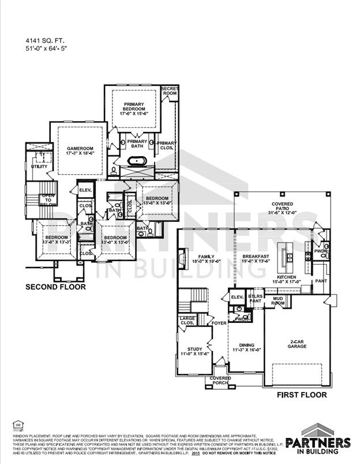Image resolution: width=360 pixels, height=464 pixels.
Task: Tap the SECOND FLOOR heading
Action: [55, 286]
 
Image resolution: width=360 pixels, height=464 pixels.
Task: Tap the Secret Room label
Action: [170, 90]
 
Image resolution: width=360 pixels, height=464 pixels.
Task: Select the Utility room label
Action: [39, 166]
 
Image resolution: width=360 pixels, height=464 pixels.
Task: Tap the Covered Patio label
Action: [282, 208]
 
